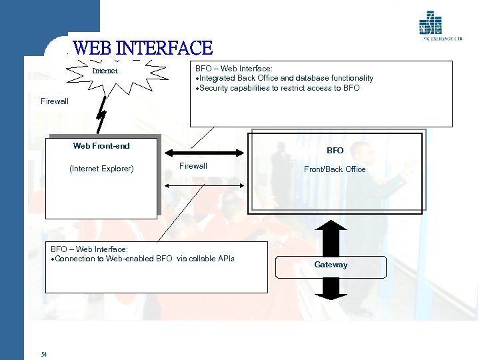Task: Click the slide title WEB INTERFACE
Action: (143, 48)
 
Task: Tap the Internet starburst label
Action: (105, 71)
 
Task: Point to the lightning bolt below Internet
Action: (101, 115)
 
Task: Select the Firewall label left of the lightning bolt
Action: (55, 101)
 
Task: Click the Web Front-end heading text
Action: (101, 146)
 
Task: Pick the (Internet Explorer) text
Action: (101, 169)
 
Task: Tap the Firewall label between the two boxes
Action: (193, 166)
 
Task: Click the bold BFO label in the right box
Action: (335, 151)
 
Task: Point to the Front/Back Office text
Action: (335, 169)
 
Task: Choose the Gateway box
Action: (331, 265)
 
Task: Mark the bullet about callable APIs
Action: (143, 259)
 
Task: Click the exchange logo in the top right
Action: (431, 24)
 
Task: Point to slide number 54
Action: (43, 354)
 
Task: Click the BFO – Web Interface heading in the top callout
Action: (233, 68)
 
